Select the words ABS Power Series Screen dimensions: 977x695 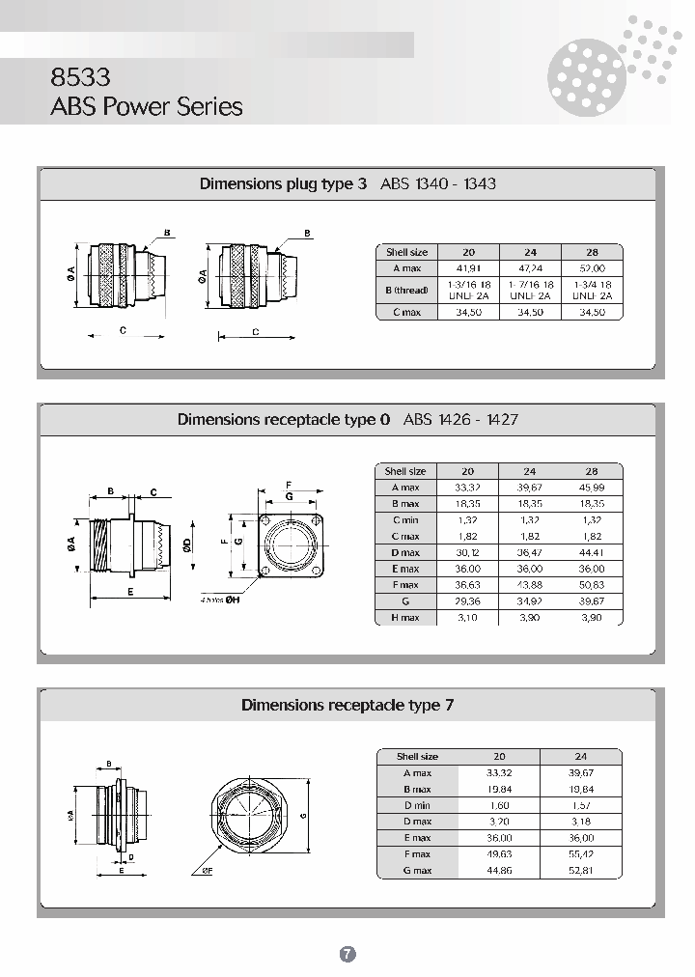point(146,106)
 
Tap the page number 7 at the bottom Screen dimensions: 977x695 point(347,954)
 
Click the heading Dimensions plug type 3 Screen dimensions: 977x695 point(283,183)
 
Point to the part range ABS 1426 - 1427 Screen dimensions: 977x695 point(460,419)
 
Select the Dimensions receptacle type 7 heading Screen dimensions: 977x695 point(347,705)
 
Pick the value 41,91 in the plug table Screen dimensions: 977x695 point(467,268)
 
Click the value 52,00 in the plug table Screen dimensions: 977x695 point(592,268)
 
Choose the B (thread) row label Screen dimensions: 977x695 point(405,291)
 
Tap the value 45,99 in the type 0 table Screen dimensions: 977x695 point(592,488)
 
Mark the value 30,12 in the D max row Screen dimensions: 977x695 point(467,552)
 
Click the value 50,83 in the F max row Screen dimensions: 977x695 point(592,585)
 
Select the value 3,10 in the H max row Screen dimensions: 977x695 point(467,618)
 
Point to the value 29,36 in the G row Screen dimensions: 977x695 point(467,601)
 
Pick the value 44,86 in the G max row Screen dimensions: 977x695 point(498,871)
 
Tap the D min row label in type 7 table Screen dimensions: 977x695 point(417,805)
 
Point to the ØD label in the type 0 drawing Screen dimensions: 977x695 point(187,544)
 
